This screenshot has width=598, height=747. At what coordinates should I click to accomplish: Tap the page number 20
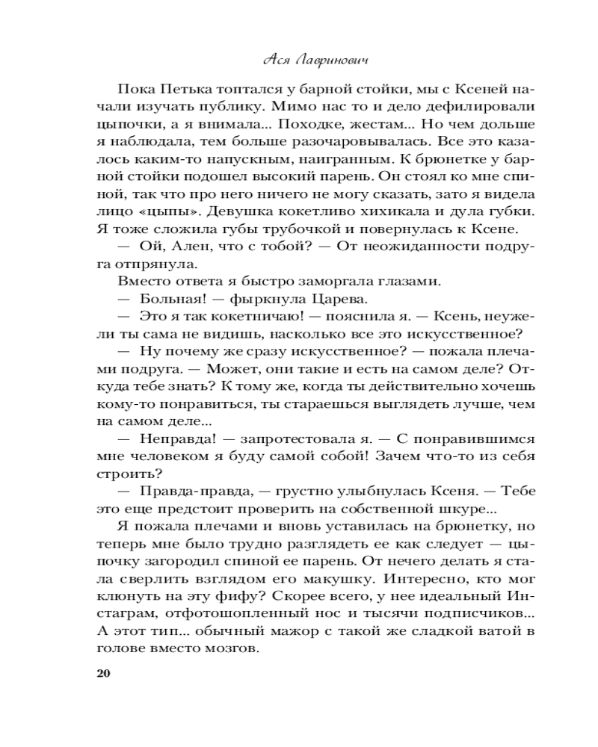(103, 674)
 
